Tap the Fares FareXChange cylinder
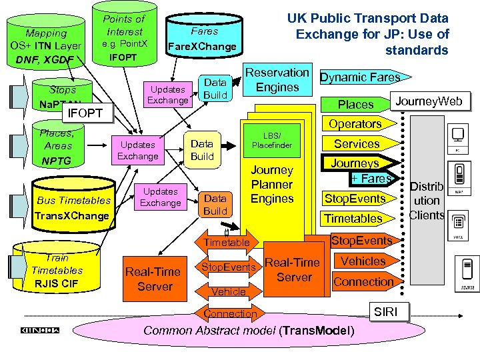coord(203,39)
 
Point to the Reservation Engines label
coord(277,79)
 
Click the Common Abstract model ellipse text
coord(250,331)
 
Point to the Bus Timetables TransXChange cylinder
coord(72,207)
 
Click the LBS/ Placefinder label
coord(272,140)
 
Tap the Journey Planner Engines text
coord(272,185)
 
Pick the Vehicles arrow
coord(363,261)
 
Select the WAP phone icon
coord(458,177)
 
